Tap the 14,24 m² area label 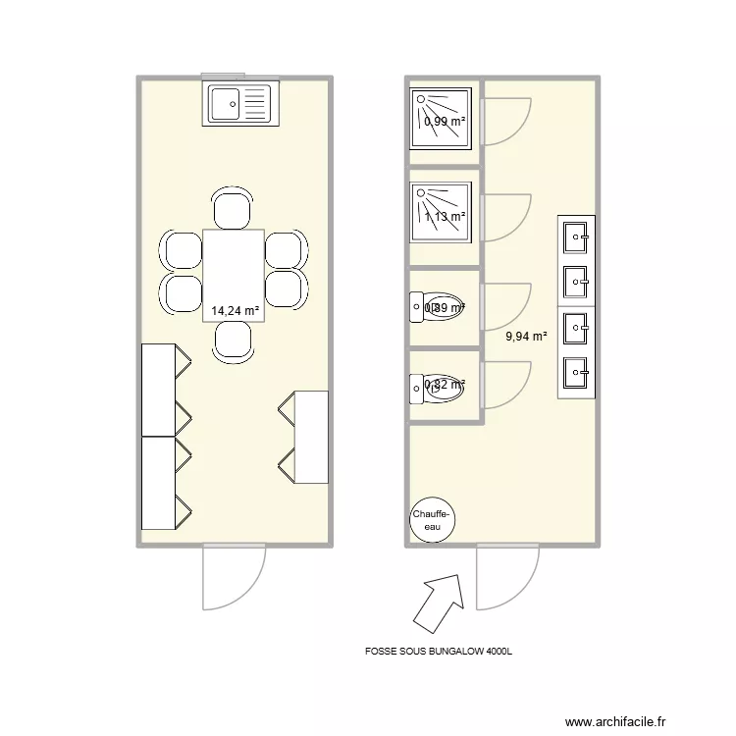(236, 311)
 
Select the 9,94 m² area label (526, 336)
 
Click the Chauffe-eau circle (432, 520)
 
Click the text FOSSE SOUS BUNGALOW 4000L (439, 650)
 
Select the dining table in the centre (234, 274)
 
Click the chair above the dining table (234, 209)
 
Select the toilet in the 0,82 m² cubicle (439, 388)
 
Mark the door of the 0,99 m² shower (504, 122)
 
